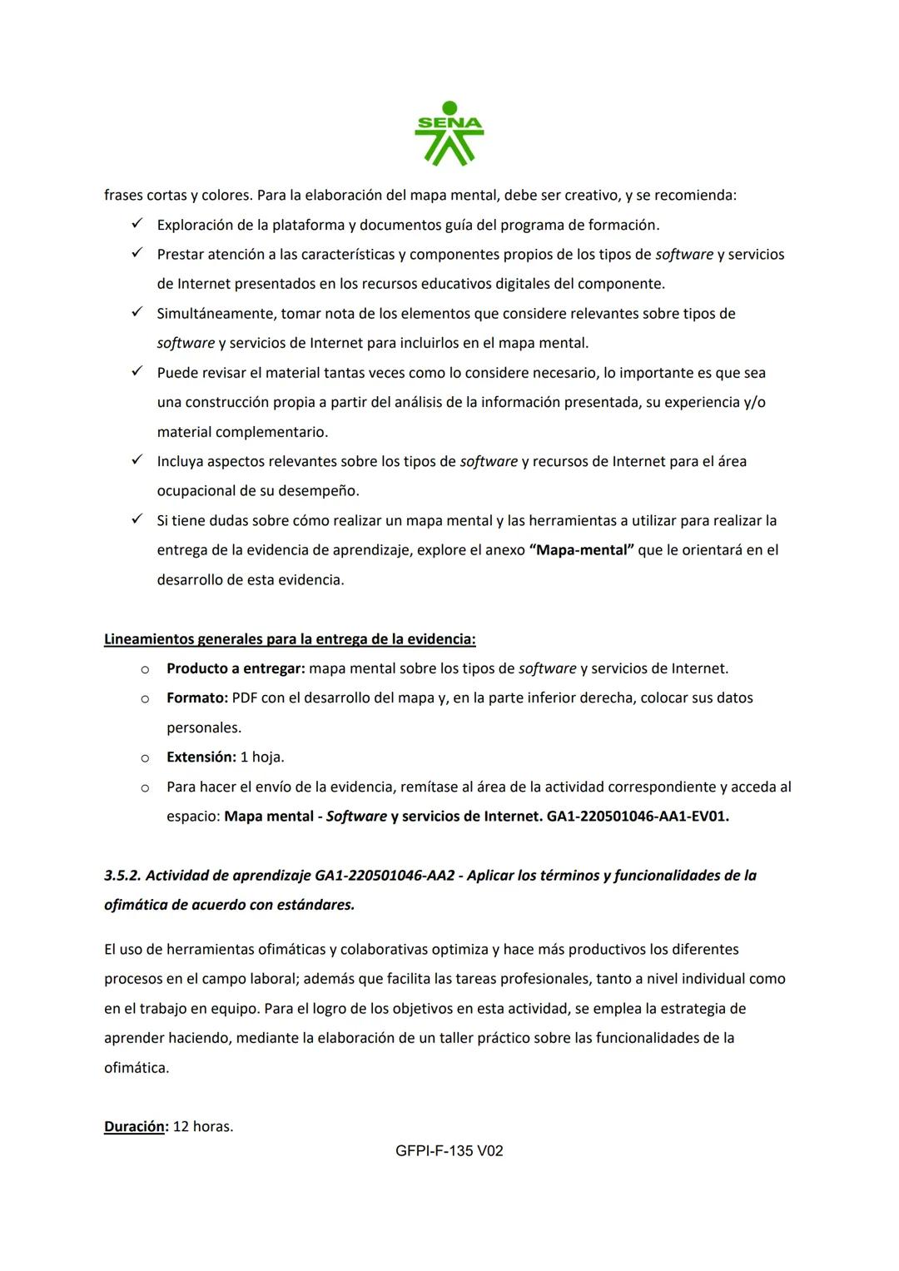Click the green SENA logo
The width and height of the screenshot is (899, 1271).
449,134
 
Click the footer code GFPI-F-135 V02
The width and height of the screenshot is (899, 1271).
449,1151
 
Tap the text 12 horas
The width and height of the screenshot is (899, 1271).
202,1126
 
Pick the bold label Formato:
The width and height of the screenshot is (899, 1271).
196,698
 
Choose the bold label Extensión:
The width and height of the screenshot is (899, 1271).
201,757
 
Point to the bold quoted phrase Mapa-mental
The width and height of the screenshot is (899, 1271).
582,550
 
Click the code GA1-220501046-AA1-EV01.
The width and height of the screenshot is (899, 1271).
638,817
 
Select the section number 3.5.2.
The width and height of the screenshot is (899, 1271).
122,876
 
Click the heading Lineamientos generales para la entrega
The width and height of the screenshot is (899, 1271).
290,639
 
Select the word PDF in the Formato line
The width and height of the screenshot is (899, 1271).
245,698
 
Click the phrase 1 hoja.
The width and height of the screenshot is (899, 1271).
262,757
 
